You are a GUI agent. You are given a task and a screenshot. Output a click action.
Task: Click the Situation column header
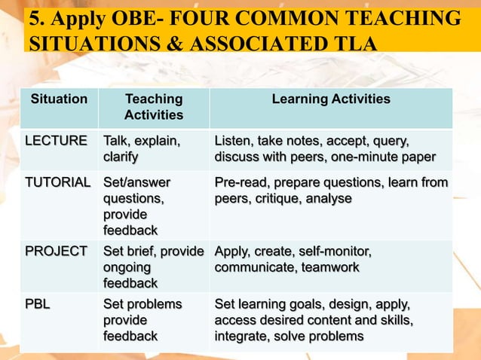[59, 99]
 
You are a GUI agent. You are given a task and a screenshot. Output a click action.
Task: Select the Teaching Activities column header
[154, 107]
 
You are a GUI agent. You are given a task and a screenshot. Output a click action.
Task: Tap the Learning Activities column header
[331, 99]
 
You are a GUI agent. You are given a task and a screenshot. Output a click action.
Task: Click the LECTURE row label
[56, 141]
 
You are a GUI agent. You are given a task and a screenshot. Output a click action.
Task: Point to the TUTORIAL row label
[58, 182]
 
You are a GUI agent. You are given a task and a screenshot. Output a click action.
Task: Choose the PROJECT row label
[56, 251]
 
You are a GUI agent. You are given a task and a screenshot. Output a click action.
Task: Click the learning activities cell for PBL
[313, 320]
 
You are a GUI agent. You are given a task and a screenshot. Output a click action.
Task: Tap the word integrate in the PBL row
[241, 336]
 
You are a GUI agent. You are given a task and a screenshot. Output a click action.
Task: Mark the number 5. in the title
[38, 19]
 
